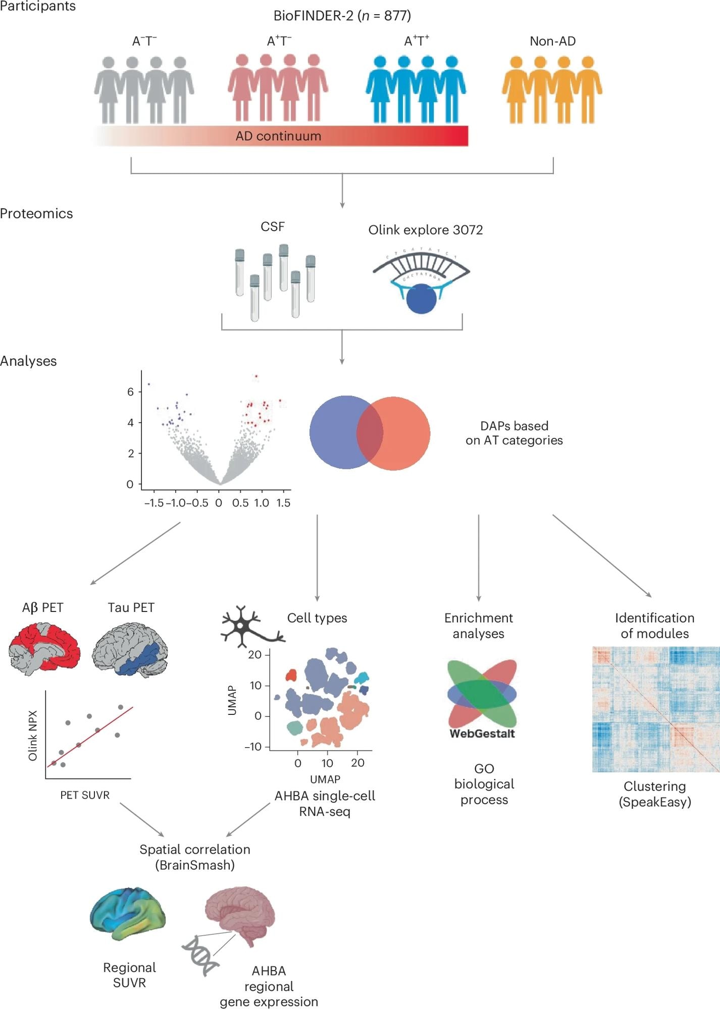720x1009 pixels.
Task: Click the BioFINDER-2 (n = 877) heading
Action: tap(342, 16)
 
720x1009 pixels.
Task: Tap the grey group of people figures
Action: tap(144, 90)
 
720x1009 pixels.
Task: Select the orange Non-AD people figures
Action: tap(552, 90)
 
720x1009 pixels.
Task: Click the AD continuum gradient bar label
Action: tap(278, 136)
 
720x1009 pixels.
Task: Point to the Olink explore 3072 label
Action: tap(425, 230)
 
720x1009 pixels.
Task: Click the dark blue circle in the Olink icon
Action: tap(421, 299)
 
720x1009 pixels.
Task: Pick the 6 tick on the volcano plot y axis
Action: tap(131, 392)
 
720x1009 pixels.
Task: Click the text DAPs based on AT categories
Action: tap(514, 433)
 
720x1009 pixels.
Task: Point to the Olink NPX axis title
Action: tap(33, 736)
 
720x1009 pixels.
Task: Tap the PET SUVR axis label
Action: tap(85, 795)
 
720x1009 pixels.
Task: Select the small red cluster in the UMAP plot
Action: tap(291, 675)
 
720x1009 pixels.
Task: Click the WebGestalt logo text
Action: tap(482, 734)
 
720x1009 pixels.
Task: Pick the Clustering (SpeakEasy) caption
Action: tap(654, 794)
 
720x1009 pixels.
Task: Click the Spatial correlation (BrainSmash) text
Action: tap(195, 857)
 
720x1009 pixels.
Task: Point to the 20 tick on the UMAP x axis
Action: tap(357, 763)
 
